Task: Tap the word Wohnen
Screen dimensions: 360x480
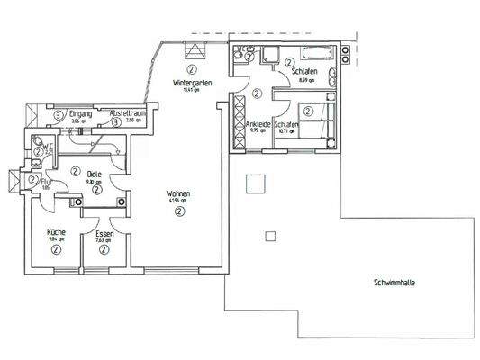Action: pos(178,193)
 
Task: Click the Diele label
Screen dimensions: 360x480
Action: pos(94,174)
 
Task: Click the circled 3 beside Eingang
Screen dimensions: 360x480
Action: pos(58,115)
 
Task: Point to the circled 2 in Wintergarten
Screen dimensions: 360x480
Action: pos(191,68)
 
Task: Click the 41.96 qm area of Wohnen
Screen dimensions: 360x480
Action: pos(178,201)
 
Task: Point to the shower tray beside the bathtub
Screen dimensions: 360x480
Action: pos(268,54)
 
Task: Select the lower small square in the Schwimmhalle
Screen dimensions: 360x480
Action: pos(269,237)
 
